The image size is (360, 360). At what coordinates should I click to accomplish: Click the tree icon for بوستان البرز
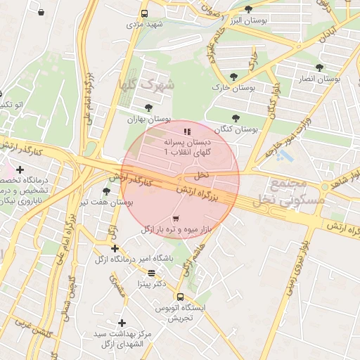tap(248, 9)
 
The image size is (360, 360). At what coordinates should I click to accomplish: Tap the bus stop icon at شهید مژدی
tap(144, 13)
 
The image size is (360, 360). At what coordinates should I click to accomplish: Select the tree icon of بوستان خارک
tap(233, 77)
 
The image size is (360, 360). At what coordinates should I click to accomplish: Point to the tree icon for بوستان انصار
tap(319, 67)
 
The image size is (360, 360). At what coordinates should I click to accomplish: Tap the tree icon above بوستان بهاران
tap(148, 108)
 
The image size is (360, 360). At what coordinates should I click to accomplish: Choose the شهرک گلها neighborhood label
tap(141, 85)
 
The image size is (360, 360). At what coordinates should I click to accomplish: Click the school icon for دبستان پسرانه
tap(187, 131)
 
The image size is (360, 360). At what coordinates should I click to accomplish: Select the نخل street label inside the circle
tap(201, 174)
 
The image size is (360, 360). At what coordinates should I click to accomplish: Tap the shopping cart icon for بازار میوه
tap(175, 218)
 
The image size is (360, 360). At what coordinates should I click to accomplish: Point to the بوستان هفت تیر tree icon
tap(106, 191)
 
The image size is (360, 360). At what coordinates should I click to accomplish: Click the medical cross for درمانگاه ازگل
tap(115, 248)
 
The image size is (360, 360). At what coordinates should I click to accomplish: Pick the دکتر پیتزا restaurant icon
tap(151, 273)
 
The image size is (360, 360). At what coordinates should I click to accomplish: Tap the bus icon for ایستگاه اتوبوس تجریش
tap(180, 297)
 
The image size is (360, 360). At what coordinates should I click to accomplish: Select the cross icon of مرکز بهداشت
tap(122, 322)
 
